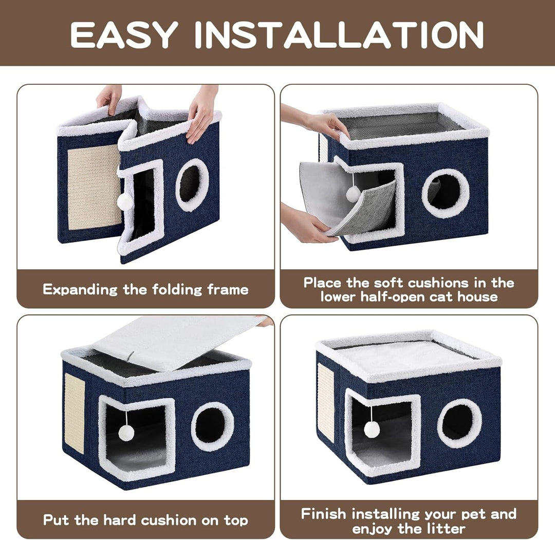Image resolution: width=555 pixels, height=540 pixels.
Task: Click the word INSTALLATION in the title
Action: (x=340, y=34)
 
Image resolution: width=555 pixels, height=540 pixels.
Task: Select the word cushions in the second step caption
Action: (x=436, y=283)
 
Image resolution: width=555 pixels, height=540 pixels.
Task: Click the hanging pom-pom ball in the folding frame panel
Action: (x=125, y=202)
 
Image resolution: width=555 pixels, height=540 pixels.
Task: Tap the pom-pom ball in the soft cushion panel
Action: (x=353, y=194)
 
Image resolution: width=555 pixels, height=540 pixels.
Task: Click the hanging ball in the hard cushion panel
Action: (x=126, y=433)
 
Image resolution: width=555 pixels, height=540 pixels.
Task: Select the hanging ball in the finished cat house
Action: (x=372, y=429)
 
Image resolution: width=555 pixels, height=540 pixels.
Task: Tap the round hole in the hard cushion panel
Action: (x=212, y=426)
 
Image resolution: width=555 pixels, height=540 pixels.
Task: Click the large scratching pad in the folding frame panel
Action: (x=94, y=187)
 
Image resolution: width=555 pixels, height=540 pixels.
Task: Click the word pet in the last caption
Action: (x=476, y=514)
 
